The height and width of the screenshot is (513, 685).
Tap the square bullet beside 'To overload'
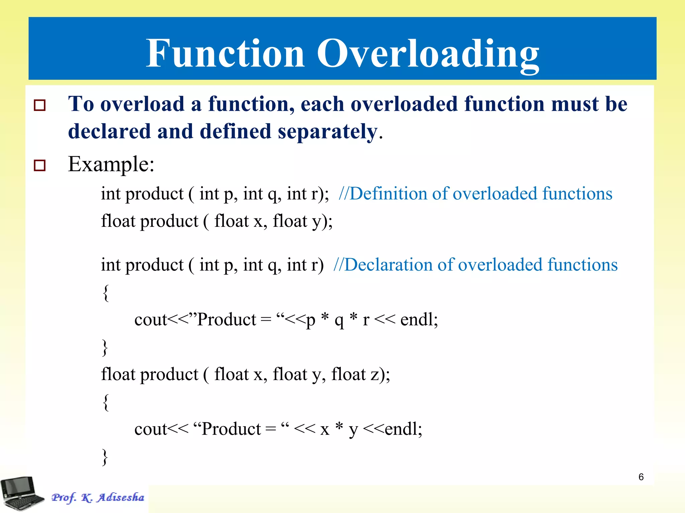[40, 105]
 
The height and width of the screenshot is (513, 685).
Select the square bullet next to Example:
[40, 165]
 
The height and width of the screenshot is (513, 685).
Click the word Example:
[111, 164]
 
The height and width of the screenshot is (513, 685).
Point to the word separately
[328, 132]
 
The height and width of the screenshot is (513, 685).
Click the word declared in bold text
[109, 131]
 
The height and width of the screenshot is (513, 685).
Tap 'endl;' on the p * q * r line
[419, 320]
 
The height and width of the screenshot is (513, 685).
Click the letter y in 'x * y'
[353, 430]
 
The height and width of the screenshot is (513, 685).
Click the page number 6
[641, 477]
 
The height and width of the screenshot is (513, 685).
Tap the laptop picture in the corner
[22, 493]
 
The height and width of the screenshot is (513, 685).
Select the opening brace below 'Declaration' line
[106, 293]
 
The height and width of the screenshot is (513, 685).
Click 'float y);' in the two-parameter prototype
[302, 221]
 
